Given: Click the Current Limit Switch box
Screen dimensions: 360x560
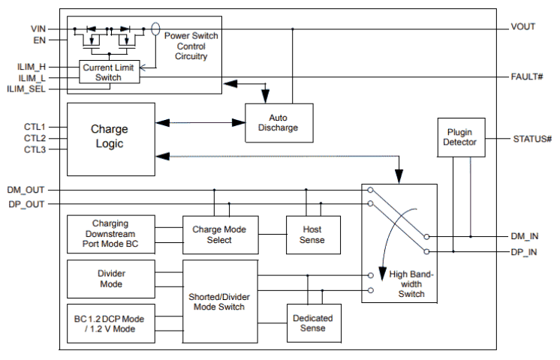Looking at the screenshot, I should (x=109, y=72).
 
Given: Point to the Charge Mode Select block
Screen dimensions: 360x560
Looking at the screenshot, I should (x=219, y=235).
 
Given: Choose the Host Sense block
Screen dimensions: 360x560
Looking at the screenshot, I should (x=312, y=235).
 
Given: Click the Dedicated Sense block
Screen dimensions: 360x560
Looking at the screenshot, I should (x=312, y=323).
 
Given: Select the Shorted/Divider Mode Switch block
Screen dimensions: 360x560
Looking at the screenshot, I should (x=219, y=301).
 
